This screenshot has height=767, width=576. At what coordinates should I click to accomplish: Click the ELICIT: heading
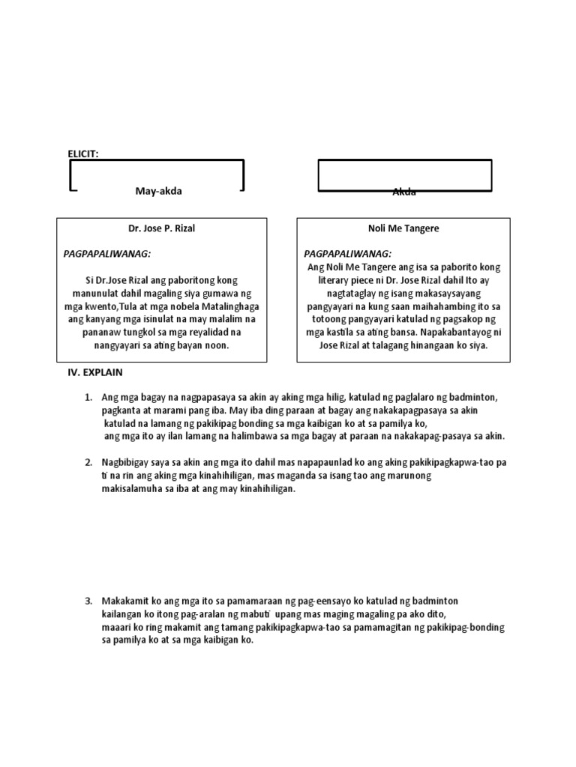[x=82, y=154]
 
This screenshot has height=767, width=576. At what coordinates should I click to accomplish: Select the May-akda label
[x=158, y=191]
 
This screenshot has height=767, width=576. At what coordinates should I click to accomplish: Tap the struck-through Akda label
[x=404, y=192]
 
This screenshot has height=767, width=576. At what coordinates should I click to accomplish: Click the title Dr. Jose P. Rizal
[x=161, y=228]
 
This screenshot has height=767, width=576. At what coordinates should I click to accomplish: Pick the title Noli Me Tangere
[x=403, y=228]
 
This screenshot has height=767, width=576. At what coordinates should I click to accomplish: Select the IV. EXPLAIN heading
[x=95, y=372]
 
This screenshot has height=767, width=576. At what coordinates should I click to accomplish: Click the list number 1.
[x=88, y=396]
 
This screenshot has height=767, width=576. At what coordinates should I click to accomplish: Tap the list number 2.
[x=88, y=462]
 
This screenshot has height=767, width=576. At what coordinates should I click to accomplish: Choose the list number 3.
[x=88, y=601]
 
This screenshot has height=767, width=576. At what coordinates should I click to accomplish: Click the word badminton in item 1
[x=474, y=396]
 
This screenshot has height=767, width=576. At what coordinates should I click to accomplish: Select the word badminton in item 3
[x=430, y=601]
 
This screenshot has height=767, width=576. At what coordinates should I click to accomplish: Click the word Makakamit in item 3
[x=124, y=601]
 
